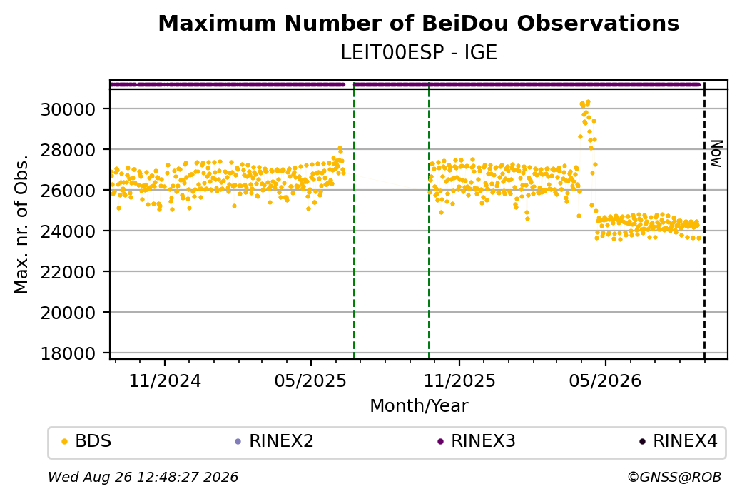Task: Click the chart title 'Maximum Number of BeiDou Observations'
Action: click(x=418, y=23)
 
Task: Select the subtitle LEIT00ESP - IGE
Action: click(x=419, y=53)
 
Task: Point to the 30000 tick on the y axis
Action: click(x=68, y=109)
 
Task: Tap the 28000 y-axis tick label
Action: click(x=68, y=150)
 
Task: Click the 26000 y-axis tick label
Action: click(x=68, y=191)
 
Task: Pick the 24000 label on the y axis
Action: click(x=68, y=231)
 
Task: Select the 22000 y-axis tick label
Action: click(x=68, y=272)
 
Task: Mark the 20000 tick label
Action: click(x=68, y=313)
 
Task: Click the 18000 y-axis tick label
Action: click(x=68, y=353)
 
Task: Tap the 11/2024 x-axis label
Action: click(x=165, y=380)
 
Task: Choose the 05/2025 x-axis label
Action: click(x=311, y=380)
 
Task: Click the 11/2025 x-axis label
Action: click(x=459, y=380)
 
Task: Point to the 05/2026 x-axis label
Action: click(x=605, y=380)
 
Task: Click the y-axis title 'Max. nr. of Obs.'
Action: click(x=21, y=224)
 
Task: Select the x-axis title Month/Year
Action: click(x=419, y=405)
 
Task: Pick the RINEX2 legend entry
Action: click(x=275, y=441)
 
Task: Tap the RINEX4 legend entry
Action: click(x=678, y=441)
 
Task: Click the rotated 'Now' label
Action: click(x=717, y=153)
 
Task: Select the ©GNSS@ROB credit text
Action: click(x=674, y=477)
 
